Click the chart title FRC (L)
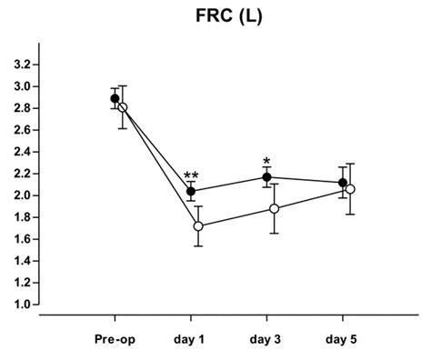[215, 17]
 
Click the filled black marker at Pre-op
[115, 98]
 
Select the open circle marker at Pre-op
[122, 107]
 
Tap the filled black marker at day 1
[191, 191]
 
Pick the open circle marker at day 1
[198, 225]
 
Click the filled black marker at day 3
[266, 177]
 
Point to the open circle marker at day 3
[274, 208]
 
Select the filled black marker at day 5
[342, 183]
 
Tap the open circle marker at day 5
[349, 189]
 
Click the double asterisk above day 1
[191, 176]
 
